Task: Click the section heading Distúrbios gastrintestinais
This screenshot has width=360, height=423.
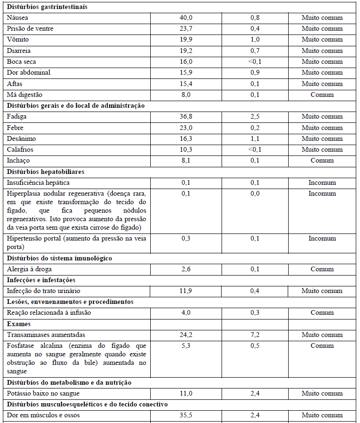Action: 47,7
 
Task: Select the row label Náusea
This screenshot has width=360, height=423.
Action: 17,18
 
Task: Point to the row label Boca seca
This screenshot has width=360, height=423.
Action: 21,62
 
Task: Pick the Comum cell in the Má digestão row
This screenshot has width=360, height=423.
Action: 322,95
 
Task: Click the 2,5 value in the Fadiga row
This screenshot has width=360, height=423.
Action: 255,117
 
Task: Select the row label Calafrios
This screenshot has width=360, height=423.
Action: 20,149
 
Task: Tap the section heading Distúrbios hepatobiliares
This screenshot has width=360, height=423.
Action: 45,172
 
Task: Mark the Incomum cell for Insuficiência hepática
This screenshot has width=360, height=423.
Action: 322,182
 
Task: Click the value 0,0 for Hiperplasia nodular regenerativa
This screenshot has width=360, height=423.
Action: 255,194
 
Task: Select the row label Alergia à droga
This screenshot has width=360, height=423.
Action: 29,269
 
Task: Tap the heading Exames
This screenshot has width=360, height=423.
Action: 19,324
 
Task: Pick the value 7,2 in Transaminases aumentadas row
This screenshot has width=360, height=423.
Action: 255,335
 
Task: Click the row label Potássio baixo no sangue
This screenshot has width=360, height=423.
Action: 43,393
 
